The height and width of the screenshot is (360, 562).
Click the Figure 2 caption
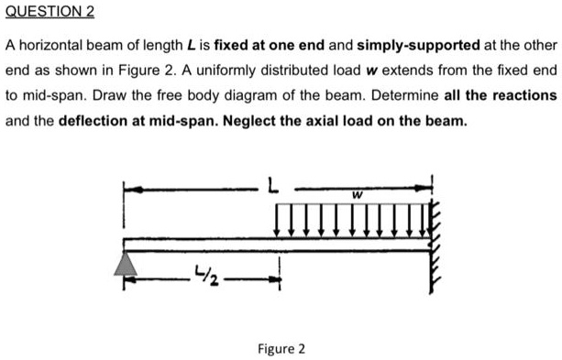(281, 349)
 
